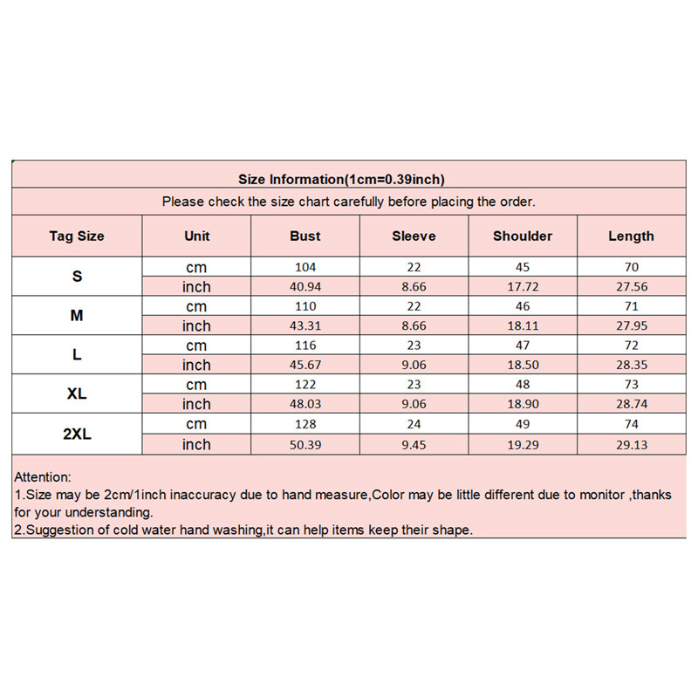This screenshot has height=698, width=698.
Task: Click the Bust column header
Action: tap(305, 236)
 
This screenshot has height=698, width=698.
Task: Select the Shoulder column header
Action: tap(523, 236)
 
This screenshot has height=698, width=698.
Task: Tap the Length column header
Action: tap(631, 236)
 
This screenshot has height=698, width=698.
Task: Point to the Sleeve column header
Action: tap(414, 236)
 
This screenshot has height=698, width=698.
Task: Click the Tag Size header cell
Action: tap(77, 236)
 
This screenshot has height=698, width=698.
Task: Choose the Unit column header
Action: tap(197, 236)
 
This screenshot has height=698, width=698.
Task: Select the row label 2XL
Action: tap(77, 434)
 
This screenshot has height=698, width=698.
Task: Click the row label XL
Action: tap(77, 394)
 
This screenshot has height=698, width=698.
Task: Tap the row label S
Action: tap(77, 277)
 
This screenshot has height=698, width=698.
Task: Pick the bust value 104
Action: tap(305, 267)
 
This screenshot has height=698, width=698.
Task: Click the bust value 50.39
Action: tap(305, 444)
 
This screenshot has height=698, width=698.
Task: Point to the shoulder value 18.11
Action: tap(523, 325)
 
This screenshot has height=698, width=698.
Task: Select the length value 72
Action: tap(631, 346)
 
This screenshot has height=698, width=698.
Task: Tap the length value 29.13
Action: tap(631, 444)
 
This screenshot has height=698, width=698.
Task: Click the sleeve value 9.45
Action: tap(414, 444)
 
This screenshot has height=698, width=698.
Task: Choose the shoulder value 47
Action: tap(523, 346)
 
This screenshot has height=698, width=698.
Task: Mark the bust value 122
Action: tap(305, 385)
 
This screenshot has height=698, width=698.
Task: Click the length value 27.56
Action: tap(631, 286)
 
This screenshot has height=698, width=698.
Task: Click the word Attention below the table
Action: tap(43, 477)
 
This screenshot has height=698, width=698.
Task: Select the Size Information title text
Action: tap(342, 180)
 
